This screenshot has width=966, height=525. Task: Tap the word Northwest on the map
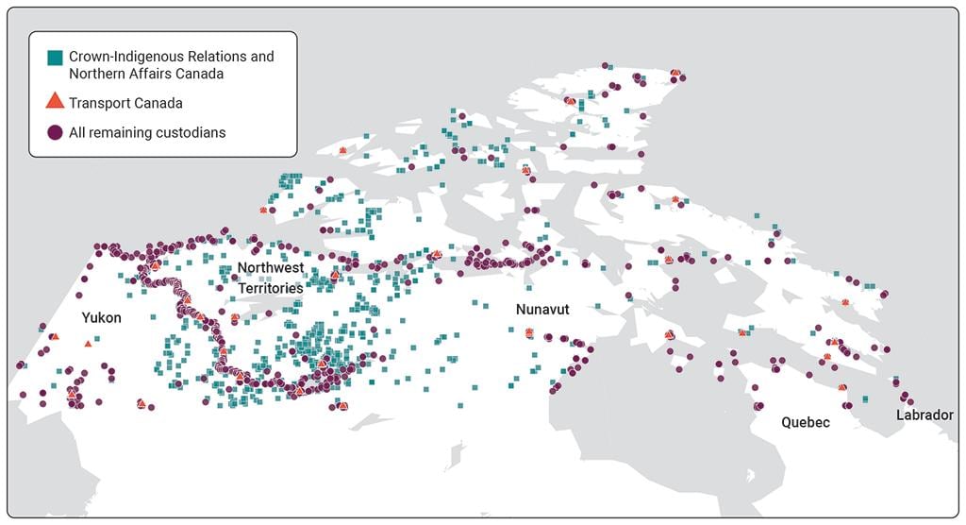coord(271,268)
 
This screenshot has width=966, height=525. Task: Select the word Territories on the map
coord(271,287)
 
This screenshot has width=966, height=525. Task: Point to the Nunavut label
coord(542,310)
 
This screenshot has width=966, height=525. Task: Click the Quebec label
coord(806,422)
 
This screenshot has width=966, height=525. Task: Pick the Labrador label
coord(925,415)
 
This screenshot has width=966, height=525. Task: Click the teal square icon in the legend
coord(56,57)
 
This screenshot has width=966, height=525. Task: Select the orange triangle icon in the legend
coord(56,102)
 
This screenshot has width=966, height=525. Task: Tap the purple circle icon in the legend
coord(56,133)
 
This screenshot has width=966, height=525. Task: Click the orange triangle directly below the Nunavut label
coord(529,332)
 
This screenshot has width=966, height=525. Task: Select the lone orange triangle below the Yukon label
coord(88,344)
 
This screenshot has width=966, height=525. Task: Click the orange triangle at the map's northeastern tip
coord(675,73)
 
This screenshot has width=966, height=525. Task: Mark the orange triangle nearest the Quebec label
coord(841,386)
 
